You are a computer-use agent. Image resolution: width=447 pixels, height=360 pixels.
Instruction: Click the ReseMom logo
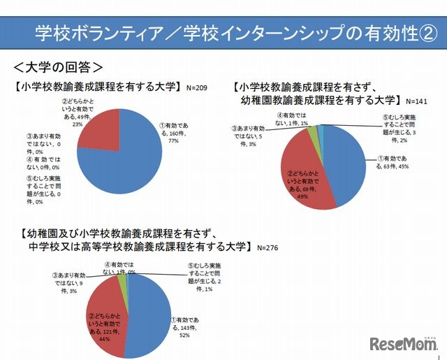coord(403,345)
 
